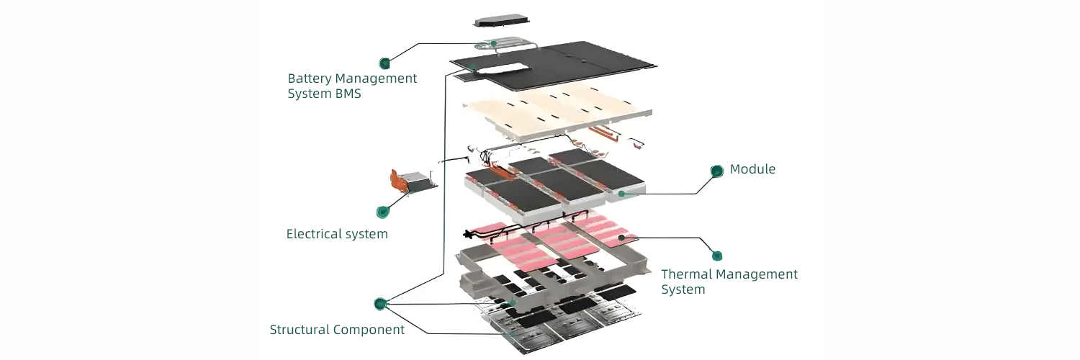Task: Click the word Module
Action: coord(752,169)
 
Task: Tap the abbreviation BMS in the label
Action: coord(346,94)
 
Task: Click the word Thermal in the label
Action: coord(686,274)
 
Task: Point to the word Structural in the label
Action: coord(300,330)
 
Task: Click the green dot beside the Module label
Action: coord(717,171)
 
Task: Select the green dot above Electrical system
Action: coord(383,212)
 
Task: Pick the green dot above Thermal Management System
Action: coord(717,256)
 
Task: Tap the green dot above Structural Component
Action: coord(380,304)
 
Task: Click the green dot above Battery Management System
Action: coord(385,63)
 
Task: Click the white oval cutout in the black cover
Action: coord(504,68)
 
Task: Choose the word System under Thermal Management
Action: coord(683,290)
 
